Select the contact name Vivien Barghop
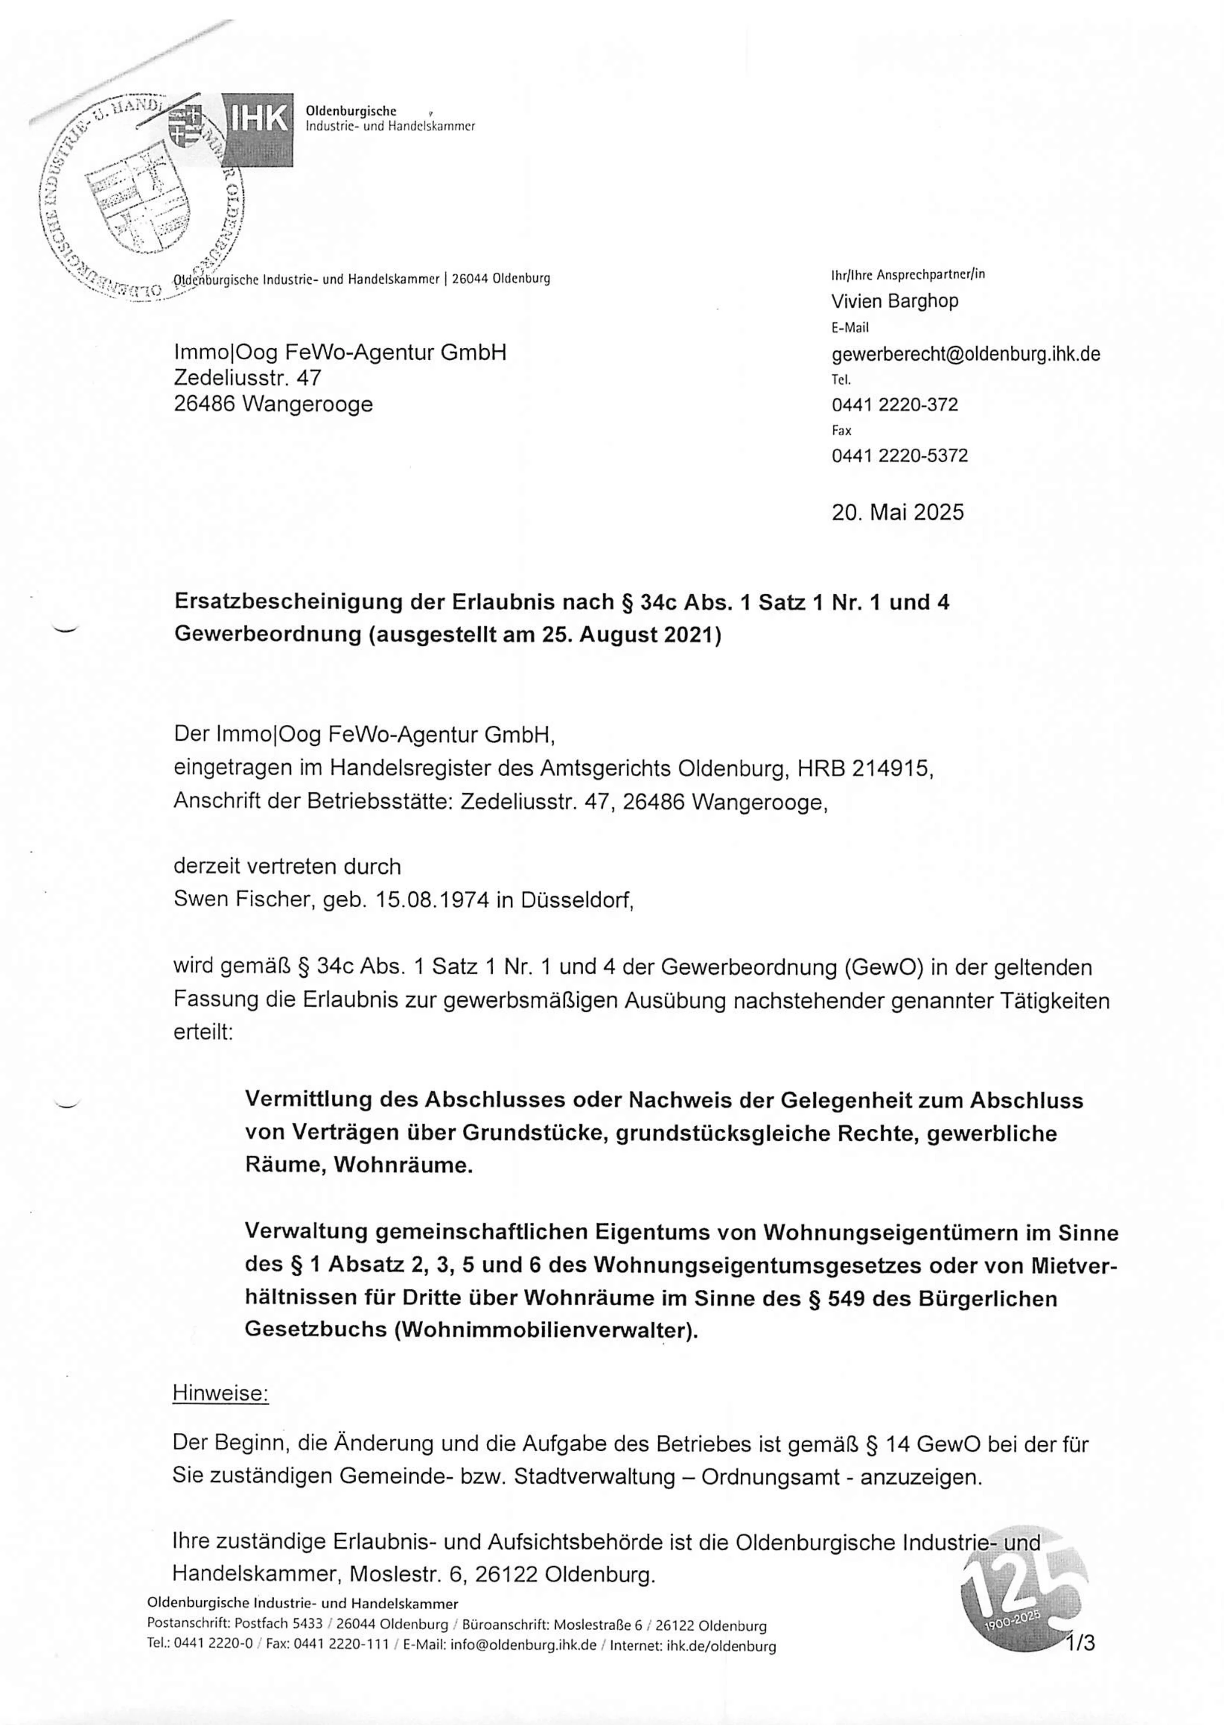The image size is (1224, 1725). tap(895, 302)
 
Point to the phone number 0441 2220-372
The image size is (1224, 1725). tap(895, 405)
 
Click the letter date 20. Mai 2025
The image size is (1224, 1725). tap(898, 512)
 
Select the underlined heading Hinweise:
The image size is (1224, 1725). tap(220, 1394)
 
